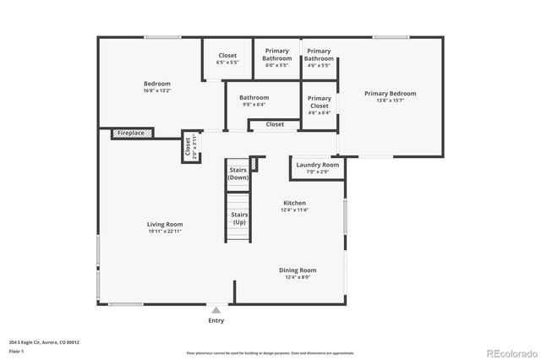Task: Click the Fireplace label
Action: click(130, 134)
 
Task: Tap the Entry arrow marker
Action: click(216, 310)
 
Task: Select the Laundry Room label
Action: click(319, 165)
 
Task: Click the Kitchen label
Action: click(294, 203)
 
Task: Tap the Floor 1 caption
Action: click(16, 350)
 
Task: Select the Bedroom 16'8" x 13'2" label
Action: click(157, 84)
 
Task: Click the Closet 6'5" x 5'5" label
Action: click(227, 56)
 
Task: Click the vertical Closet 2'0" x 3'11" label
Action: click(188, 147)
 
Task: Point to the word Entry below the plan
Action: click(216, 320)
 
